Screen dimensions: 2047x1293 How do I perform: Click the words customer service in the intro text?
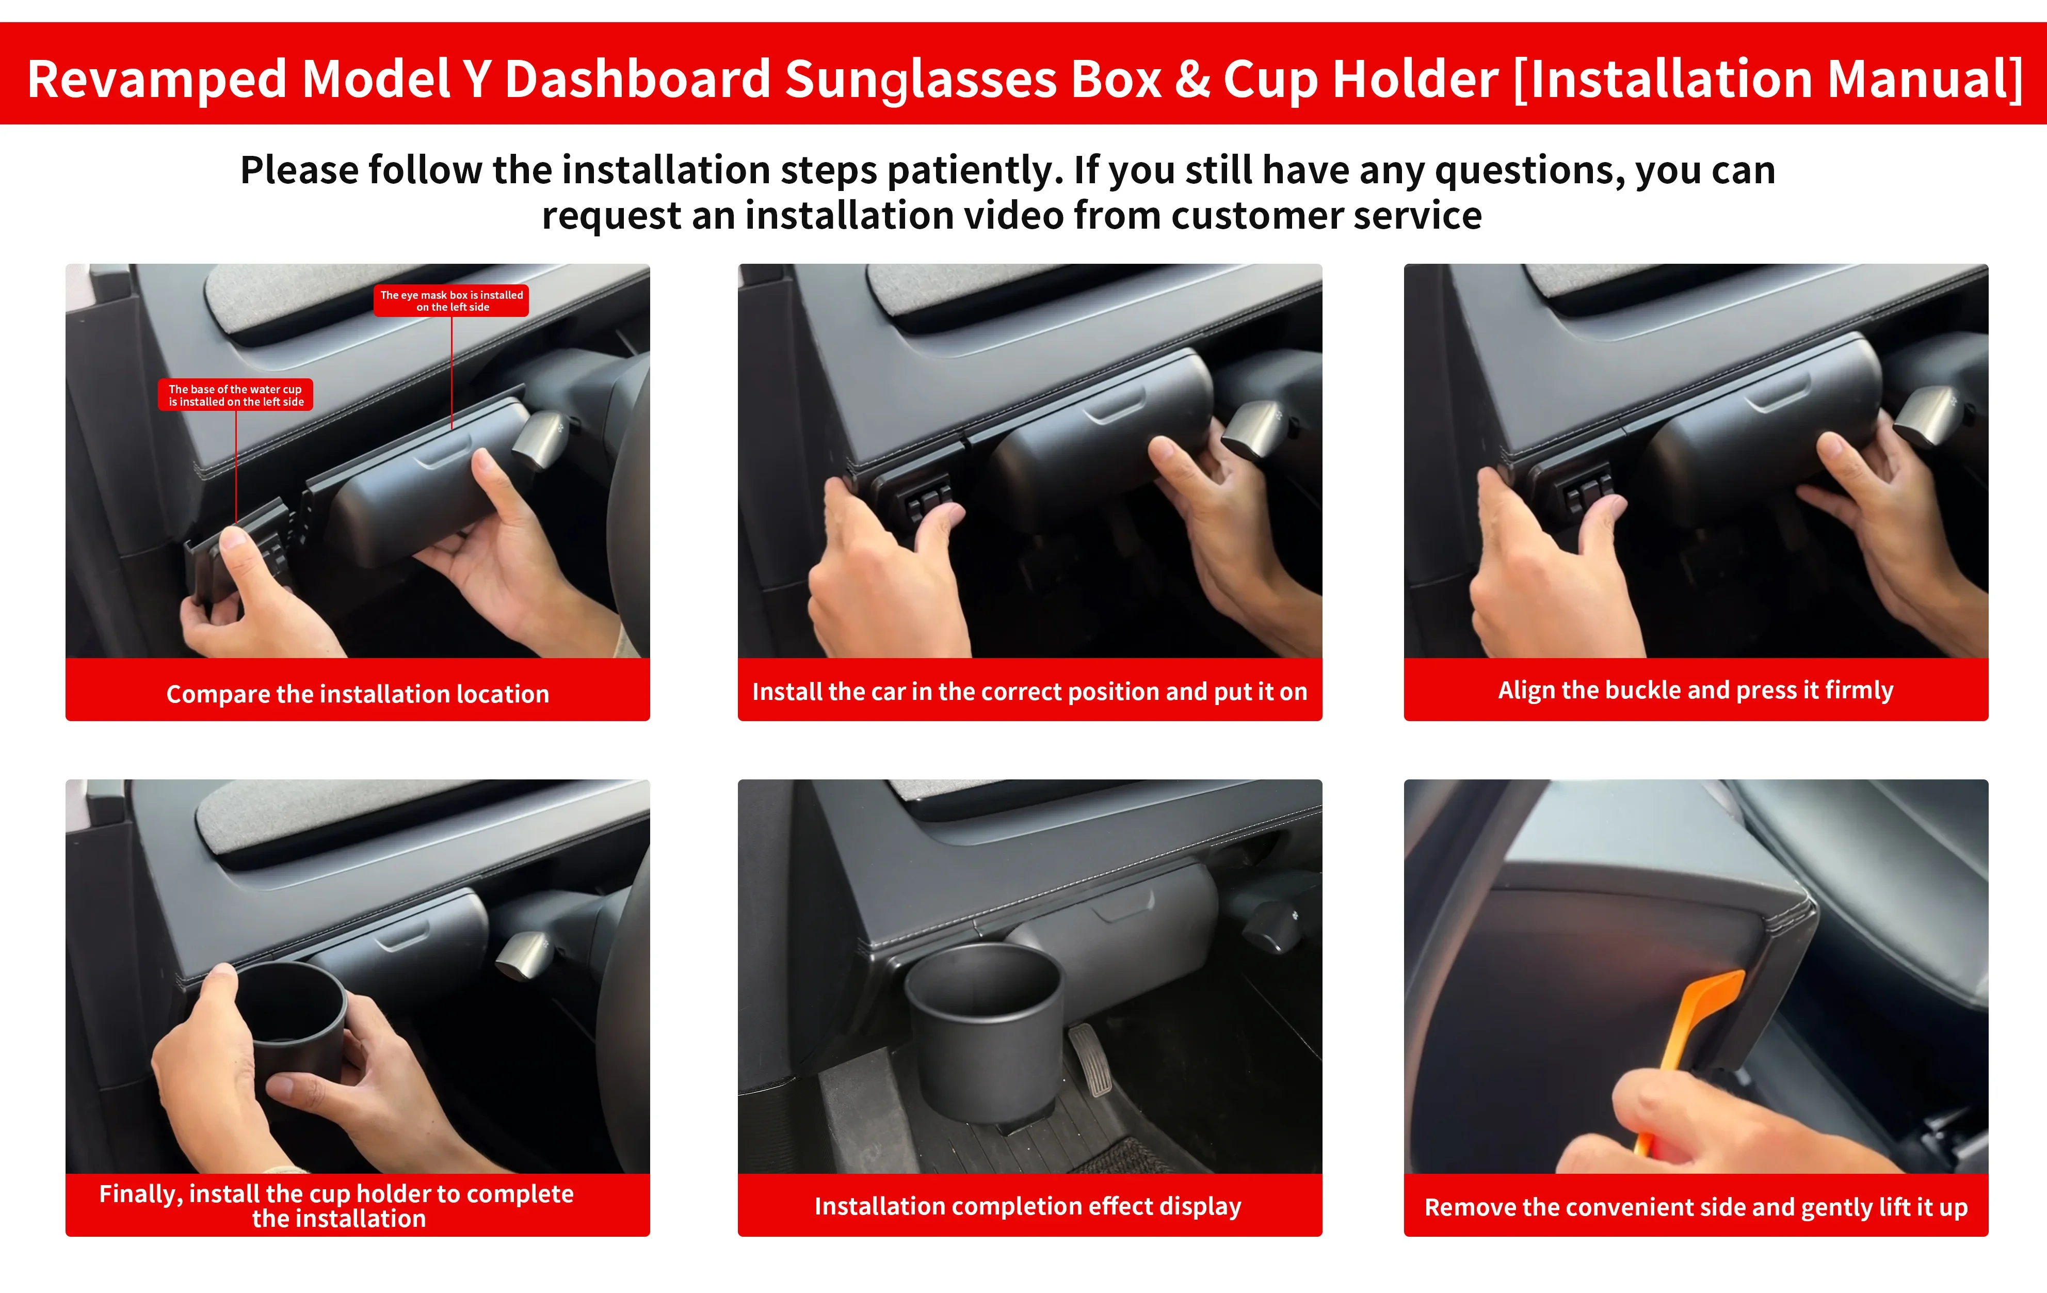tap(1326, 215)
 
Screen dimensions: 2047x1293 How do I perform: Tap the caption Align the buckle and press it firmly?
tap(1696, 690)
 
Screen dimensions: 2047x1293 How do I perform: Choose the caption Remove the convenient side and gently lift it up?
tap(1696, 1207)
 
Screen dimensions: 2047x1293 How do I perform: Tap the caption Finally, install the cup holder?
tap(336, 1205)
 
